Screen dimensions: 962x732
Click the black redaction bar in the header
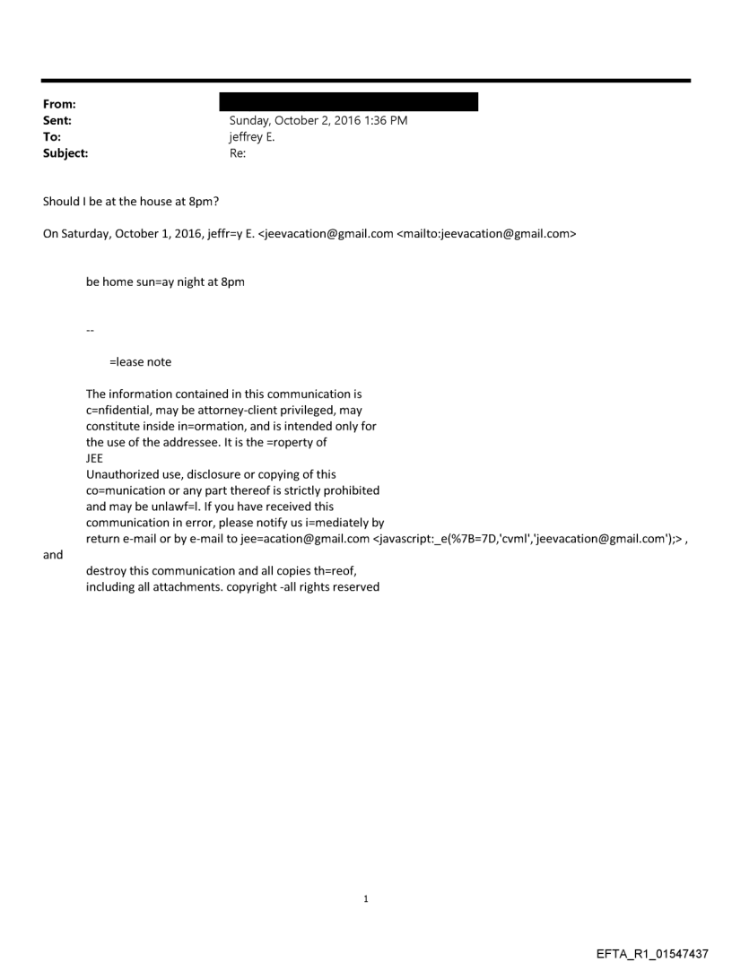(348, 101)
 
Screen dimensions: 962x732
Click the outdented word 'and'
(53, 555)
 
